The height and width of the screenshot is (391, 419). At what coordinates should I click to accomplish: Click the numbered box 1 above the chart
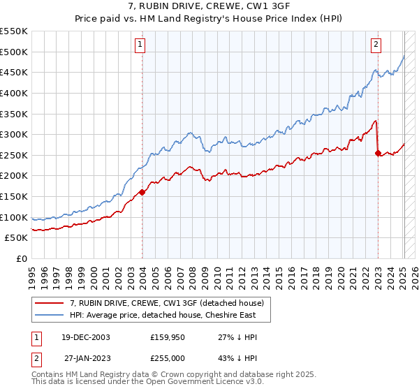pos(140,45)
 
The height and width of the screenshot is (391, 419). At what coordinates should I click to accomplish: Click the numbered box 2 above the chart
pos(376,45)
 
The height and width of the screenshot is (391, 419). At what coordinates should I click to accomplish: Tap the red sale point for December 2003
pos(142,192)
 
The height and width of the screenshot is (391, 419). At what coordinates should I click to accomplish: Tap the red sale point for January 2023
pos(378,153)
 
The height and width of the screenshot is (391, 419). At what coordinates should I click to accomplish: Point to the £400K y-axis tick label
pos(14,93)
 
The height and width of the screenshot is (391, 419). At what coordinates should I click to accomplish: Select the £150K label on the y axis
pos(14,197)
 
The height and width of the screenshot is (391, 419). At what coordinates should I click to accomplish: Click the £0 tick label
pos(21,259)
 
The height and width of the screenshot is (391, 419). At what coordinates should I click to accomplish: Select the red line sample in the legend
pos(50,303)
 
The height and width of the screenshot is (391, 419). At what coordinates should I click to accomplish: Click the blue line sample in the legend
pos(50,315)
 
